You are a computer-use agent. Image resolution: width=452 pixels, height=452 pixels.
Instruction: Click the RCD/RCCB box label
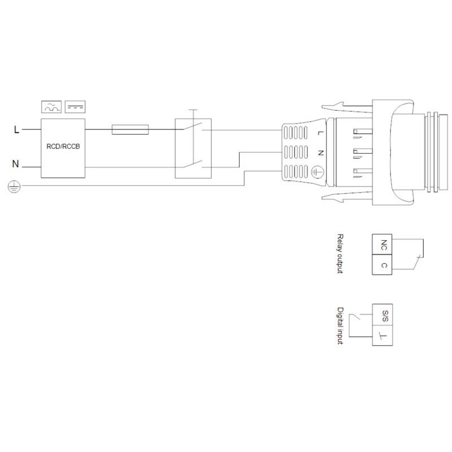click(63, 146)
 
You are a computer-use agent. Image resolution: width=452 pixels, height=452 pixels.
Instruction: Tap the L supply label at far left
click(17, 130)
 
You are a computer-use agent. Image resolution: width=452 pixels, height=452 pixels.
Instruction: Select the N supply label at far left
click(16, 164)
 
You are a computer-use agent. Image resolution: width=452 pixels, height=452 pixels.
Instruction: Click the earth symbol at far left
click(14, 186)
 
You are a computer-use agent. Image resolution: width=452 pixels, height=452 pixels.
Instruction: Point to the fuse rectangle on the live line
click(130, 130)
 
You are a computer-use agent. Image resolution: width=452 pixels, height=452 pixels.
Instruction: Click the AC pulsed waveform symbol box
click(51, 107)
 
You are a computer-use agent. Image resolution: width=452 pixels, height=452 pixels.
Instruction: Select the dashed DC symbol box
click(75, 107)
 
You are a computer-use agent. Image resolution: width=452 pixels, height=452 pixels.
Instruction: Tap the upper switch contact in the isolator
click(192, 127)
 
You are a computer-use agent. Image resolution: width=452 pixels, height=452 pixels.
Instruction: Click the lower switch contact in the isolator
click(192, 164)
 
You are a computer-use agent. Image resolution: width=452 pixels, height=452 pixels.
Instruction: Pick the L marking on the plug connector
click(320, 133)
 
